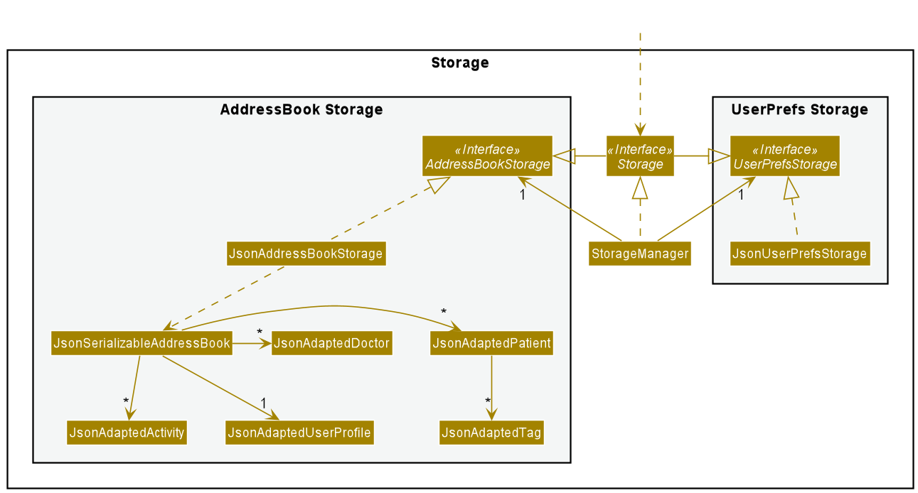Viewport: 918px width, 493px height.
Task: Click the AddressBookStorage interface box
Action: point(487,156)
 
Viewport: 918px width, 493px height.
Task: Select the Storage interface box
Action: point(640,156)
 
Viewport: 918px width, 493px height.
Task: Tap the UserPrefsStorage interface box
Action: point(784,156)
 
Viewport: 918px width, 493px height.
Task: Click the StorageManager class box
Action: point(639,254)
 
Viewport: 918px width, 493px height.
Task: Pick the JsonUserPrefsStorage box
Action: point(799,254)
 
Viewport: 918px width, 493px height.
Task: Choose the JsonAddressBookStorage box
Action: point(306,254)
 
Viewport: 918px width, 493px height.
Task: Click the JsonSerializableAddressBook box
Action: point(142,344)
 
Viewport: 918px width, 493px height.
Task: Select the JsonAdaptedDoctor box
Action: point(331,344)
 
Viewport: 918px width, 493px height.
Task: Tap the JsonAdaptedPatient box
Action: point(491,344)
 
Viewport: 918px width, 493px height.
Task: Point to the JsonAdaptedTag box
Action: point(491,433)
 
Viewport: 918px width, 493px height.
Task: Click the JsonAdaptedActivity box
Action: point(127,433)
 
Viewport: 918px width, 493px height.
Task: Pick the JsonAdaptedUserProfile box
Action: point(299,433)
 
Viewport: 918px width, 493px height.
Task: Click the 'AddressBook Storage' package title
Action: point(301,110)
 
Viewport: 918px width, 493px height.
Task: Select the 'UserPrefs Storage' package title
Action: point(799,110)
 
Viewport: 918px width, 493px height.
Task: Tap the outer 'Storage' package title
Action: point(459,63)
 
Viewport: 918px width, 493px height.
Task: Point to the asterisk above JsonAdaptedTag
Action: point(488,402)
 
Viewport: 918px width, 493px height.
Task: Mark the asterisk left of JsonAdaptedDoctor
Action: point(260,332)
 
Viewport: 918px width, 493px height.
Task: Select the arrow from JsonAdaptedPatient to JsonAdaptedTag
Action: point(491,387)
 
